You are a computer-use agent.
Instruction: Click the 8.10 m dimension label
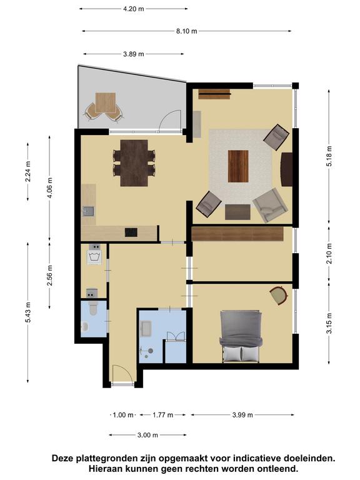coord(186,31)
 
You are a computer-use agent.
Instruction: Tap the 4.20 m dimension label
coord(134,9)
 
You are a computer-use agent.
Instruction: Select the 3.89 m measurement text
coord(134,54)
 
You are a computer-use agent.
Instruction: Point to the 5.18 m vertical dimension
coord(329,156)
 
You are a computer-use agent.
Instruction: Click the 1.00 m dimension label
coord(123,415)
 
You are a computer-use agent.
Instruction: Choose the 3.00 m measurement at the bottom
coord(147,435)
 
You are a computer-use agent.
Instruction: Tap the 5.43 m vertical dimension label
coord(28,312)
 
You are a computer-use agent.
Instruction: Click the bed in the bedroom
coord(241,336)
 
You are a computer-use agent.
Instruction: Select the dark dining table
coord(134,163)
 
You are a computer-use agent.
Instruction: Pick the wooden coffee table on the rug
coord(238,166)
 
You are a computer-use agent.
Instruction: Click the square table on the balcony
coord(105,103)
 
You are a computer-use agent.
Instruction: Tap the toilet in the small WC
coord(93,308)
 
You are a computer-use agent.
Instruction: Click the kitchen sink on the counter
coord(89,211)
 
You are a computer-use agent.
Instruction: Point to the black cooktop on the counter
coord(131,232)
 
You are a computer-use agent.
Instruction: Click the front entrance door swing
coord(122,373)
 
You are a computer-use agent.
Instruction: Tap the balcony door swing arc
coord(170,120)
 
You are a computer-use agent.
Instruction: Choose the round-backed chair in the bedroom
coord(279,295)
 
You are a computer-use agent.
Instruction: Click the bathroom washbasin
coord(146,329)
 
